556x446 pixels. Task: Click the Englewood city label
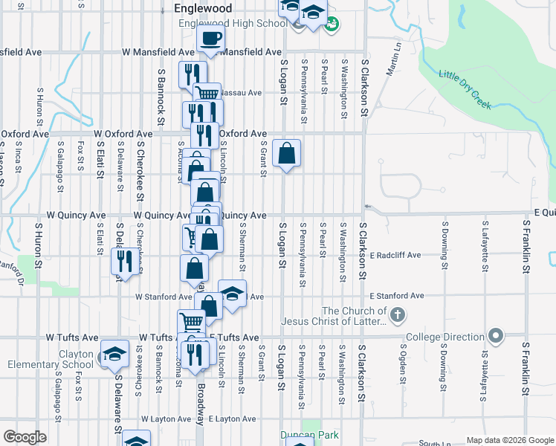202,9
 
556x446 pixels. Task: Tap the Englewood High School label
233,23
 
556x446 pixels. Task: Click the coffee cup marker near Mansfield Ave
210,39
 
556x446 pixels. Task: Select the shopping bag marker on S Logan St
287,154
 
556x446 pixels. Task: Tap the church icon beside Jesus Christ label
398,315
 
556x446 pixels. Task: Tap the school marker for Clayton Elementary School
114,354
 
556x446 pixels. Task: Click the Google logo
25,438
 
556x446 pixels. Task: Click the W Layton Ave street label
164,419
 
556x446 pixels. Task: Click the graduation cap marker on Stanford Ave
232,294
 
